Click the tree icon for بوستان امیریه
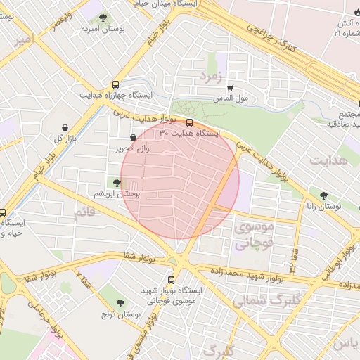tap(103, 18)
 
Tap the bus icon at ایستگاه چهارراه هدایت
tap(115, 84)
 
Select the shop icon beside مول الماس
tap(229, 88)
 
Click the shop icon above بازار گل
tap(65, 127)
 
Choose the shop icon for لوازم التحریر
tap(133, 138)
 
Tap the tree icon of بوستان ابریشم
tap(117, 183)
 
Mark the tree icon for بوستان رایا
tap(323, 196)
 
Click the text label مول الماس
tap(251, 98)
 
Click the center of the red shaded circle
tap(180, 180)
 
